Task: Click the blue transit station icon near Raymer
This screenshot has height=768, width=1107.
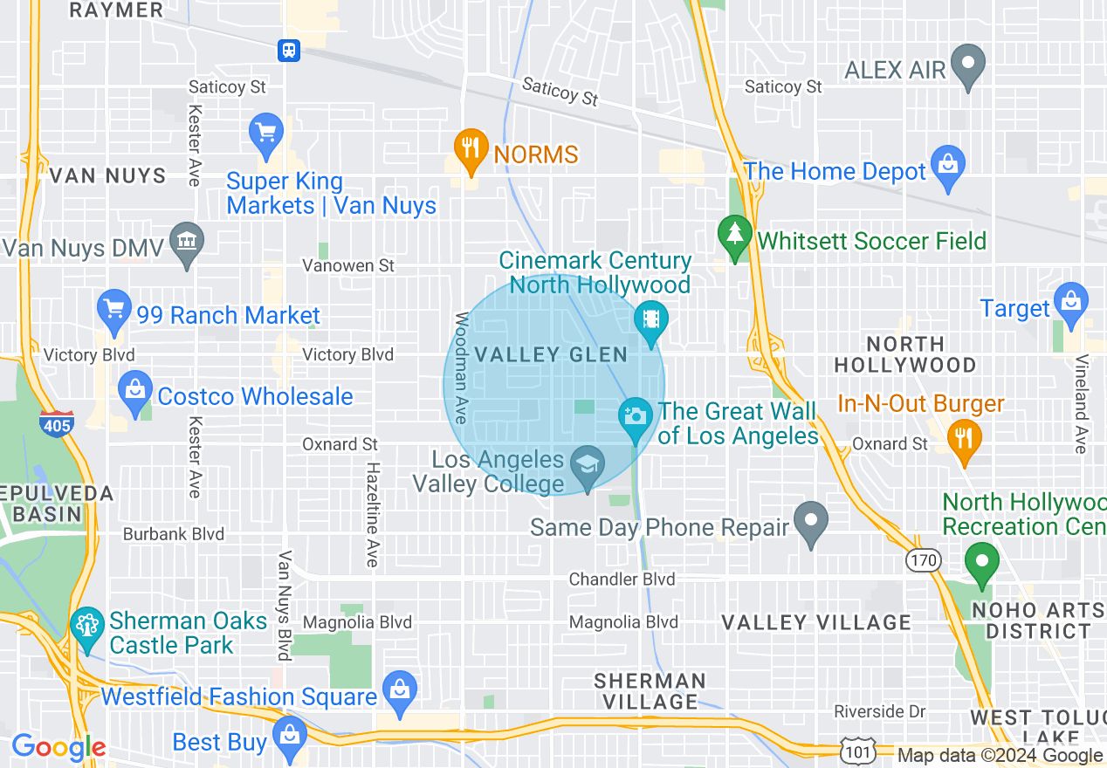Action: pos(289,51)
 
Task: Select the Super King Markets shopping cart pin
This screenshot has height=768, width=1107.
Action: pos(265,134)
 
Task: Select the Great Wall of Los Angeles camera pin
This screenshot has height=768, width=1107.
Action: pos(636,415)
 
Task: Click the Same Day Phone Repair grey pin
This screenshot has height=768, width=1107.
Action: pos(812,520)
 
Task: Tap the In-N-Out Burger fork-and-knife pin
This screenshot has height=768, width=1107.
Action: pos(963,437)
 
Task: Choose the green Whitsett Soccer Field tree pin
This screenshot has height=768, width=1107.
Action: pos(734,235)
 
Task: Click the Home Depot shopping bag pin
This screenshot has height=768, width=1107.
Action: pos(947,165)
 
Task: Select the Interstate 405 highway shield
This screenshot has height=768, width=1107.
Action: pos(55,423)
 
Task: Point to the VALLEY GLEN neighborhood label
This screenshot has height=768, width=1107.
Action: pos(551,354)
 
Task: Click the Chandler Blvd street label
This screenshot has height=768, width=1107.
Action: pos(622,579)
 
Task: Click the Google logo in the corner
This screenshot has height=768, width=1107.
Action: pos(58,747)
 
